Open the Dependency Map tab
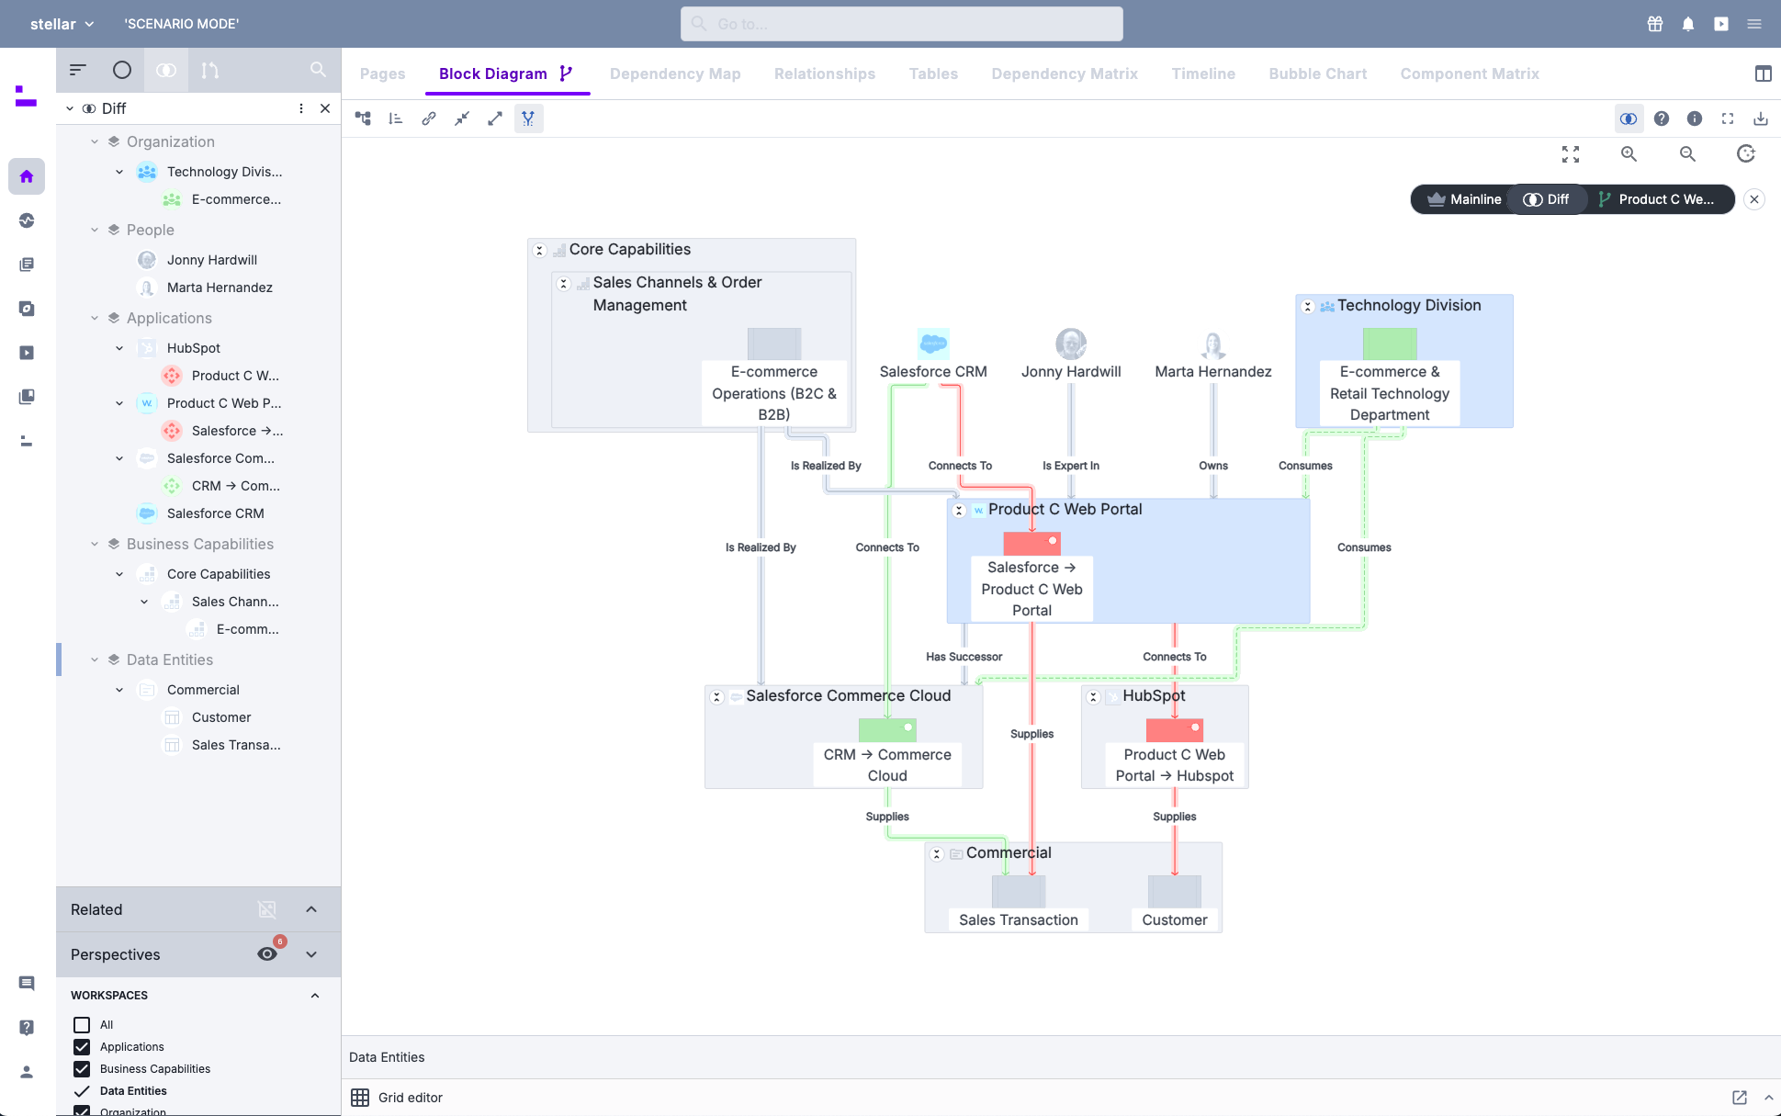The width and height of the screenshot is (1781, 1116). click(675, 73)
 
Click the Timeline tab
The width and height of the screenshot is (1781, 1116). click(1203, 73)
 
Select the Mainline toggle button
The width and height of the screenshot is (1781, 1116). click(1464, 199)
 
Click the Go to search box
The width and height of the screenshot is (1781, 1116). click(901, 24)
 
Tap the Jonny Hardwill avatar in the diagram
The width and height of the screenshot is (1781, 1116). click(1071, 344)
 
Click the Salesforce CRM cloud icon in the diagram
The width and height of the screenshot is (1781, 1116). click(933, 344)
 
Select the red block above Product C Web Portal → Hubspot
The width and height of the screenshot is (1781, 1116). click(1174, 730)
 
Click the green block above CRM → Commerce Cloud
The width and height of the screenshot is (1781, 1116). click(886, 730)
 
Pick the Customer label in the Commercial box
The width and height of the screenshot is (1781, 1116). click(1174, 919)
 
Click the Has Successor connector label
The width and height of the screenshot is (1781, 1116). click(964, 657)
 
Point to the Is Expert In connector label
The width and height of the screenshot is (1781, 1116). click(1070, 466)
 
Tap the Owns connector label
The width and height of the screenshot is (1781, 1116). click(1212, 466)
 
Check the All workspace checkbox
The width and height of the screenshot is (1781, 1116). click(82, 1025)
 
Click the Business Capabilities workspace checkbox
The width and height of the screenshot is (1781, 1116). click(82, 1069)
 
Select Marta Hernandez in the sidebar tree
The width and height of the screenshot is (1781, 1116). click(220, 287)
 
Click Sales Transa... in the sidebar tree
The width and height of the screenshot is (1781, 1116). click(236, 745)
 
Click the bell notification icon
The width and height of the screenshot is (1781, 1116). click(1688, 24)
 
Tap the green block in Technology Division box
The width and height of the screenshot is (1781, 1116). click(1389, 344)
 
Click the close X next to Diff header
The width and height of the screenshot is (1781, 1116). click(325, 108)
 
